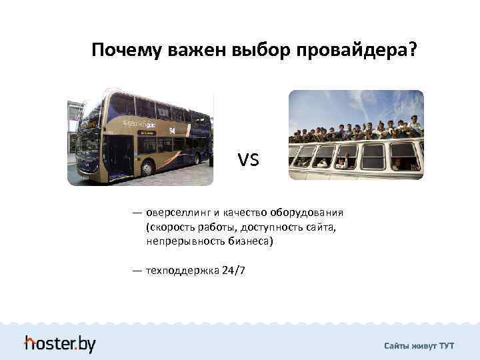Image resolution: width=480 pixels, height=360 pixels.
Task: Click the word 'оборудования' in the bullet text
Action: [307, 213]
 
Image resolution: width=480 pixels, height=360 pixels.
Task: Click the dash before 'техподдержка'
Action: [137, 271]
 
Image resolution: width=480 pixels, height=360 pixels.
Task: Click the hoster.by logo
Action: [60, 343]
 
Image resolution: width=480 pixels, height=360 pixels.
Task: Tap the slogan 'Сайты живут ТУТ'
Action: [419, 346]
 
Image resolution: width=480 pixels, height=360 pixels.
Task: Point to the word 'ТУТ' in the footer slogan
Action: [446, 346]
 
